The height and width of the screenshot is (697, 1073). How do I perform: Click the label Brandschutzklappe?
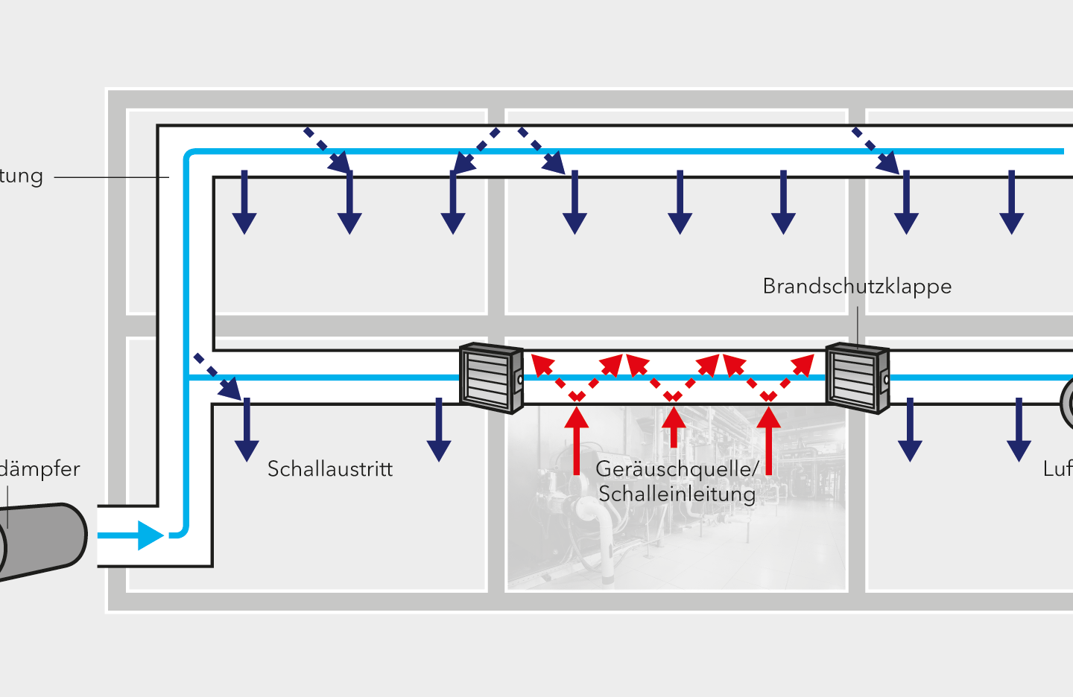pyautogui.click(x=857, y=287)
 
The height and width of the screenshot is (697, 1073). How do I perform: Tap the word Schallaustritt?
pyautogui.click(x=329, y=469)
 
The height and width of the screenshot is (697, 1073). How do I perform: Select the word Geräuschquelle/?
pyautogui.click(x=677, y=469)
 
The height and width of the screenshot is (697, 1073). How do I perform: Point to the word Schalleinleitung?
pyautogui.click(x=677, y=494)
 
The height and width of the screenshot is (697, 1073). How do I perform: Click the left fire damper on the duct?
pyautogui.click(x=491, y=378)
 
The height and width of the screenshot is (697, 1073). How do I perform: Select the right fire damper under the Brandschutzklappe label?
pyautogui.click(x=857, y=378)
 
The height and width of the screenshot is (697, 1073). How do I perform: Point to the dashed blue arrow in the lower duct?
pyautogui.click(x=218, y=377)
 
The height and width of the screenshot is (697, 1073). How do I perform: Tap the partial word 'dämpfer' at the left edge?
pyautogui.click(x=39, y=469)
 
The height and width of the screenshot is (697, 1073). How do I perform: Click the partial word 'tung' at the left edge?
pyautogui.click(x=21, y=176)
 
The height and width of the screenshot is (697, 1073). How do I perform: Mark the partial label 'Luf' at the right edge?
pyautogui.click(x=1057, y=469)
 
